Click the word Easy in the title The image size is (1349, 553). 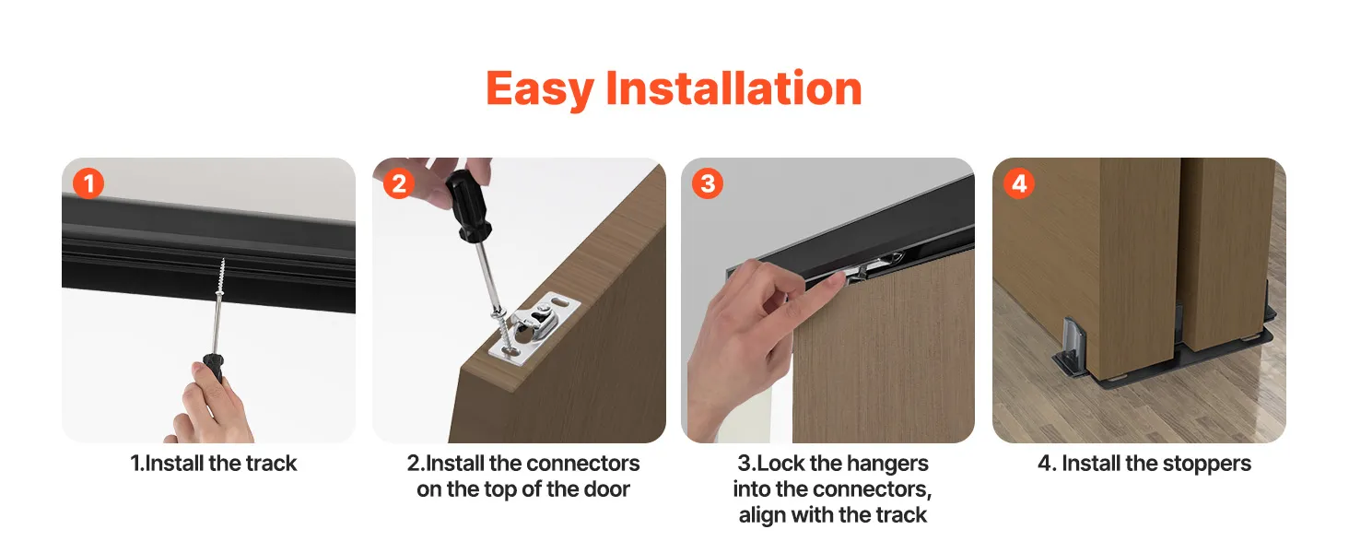(x=540, y=89)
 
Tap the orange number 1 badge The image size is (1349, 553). (x=88, y=183)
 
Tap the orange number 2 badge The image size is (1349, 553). (x=399, y=183)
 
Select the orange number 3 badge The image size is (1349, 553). (x=708, y=183)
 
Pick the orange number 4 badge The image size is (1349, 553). (x=1019, y=183)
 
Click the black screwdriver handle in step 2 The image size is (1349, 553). (x=466, y=206)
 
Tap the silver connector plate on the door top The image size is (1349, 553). (x=534, y=329)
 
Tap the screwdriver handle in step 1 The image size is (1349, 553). (x=214, y=368)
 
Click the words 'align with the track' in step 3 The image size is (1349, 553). (x=832, y=515)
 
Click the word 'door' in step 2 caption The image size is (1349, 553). (x=605, y=489)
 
